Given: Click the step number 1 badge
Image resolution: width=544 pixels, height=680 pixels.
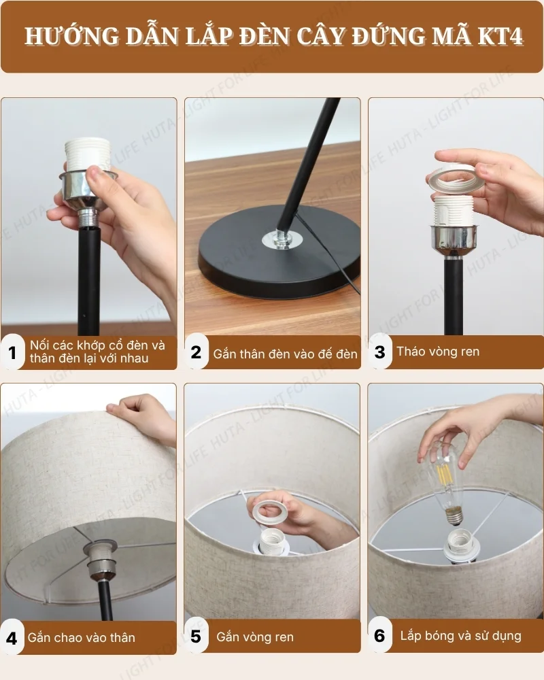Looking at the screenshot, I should [12, 352].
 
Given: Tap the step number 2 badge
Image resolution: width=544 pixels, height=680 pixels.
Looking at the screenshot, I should [197, 352].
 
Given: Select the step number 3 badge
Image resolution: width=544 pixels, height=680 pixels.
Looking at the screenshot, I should [380, 352].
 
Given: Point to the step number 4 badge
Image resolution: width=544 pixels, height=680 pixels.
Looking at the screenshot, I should [12, 638].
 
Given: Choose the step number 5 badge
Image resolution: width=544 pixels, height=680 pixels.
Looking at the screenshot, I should [197, 637].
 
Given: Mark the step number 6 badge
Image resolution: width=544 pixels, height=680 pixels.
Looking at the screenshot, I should [380, 636].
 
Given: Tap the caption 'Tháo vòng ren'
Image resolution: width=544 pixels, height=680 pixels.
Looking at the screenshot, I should [438, 352].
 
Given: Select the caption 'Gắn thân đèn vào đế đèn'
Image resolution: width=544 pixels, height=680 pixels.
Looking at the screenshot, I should [285, 354].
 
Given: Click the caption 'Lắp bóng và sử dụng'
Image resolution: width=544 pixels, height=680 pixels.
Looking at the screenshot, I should [460, 636].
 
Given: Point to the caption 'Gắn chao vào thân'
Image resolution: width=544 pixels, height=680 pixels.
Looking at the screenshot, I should [81, 638].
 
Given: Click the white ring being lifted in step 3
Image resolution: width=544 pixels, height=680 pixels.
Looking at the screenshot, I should [456, 180].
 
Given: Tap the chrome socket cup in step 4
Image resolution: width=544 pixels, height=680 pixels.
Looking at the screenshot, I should [100, 558].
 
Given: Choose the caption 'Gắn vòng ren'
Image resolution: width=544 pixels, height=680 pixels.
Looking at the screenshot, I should [255, 637].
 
